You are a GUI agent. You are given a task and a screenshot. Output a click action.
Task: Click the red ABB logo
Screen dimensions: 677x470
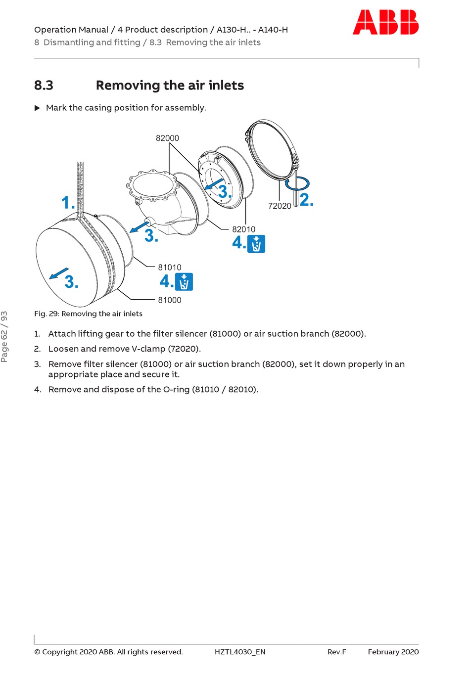(x=385, y=23)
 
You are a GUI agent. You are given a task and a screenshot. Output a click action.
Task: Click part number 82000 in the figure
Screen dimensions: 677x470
(x=167, y=138)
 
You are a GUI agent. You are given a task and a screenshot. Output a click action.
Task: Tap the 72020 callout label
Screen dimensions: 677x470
(x=280, y=206)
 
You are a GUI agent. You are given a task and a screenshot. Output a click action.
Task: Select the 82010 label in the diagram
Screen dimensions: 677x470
(x=244, y=229)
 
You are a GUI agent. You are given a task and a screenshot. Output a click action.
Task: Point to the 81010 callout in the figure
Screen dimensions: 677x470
(x=170, y=268)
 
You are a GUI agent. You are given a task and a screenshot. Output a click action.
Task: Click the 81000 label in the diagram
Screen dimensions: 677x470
(x=170, y=300)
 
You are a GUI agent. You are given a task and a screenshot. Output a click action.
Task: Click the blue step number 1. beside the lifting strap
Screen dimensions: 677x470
(x=68, y=203)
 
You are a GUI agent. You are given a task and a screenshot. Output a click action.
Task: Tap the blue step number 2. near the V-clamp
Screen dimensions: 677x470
(x=306, y=200)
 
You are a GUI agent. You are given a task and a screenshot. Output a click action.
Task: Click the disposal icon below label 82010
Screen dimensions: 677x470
(x=256, y=244)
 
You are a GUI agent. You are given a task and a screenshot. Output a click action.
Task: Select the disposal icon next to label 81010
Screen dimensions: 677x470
(x=184, y=282)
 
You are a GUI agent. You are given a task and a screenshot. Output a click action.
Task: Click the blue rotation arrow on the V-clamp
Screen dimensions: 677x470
(x=297, y=183)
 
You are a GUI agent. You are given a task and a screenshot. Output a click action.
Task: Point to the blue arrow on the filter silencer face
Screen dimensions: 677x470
(x=59, y=273)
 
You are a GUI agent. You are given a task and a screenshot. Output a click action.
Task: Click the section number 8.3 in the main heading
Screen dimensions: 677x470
(x=44, y=86)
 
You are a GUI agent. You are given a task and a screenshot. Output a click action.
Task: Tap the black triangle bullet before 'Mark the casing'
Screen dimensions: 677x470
(x=37, y=108)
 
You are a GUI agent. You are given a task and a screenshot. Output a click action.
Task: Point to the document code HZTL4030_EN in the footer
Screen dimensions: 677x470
(x=240, y=652)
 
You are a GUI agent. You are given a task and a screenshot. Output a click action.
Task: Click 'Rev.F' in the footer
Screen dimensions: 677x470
(x=336, y=652)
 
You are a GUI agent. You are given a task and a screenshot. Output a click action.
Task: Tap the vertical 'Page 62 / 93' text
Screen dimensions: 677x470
(x=4, y=336)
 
